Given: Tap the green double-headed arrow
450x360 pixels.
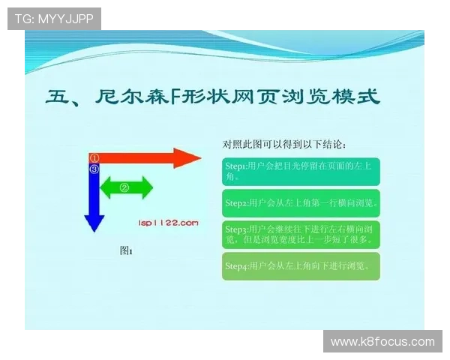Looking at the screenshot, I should coord(126,187).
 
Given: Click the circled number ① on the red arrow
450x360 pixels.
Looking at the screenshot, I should coord(94,158).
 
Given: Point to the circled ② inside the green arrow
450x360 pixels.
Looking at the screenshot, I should coord(125,187).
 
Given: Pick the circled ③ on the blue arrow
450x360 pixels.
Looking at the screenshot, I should coord(94,169).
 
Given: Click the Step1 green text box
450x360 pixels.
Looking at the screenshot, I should coord(301,171).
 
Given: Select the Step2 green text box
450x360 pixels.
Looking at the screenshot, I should coord(301,202).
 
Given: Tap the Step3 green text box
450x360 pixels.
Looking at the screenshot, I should coord(301,234).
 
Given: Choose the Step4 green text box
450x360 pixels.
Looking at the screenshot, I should coord(301,265).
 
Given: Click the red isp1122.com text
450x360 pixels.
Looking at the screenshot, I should coord(168,222).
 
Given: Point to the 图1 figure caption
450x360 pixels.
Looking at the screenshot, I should coord(126,251).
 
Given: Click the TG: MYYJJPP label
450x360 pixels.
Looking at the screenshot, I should coord(54,18).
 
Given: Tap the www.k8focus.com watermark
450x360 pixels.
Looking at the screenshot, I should coord(382,342).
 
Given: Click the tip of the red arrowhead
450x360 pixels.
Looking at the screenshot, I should coord(200,158).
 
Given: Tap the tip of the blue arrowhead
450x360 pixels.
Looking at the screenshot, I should coord(94,231).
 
